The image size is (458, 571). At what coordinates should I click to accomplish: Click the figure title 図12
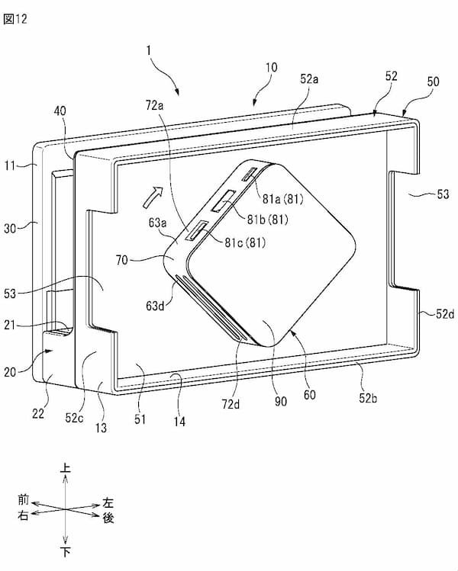click(16, 20)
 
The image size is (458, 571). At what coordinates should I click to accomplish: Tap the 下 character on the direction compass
click(66, 550)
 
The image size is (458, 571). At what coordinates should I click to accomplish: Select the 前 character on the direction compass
click(24, 501)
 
